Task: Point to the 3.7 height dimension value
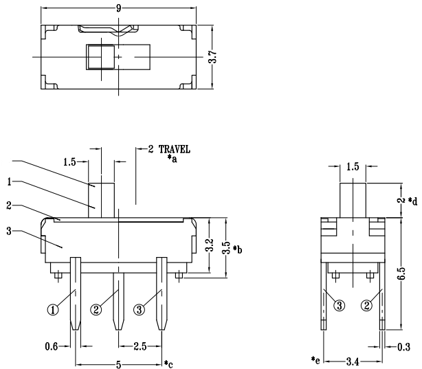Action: pyautogui.click(x=214, y=56)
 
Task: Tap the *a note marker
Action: pyautogui.click(x=173, y=159)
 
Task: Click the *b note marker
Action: pyautogui.click(x=237, y=249)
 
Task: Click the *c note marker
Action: pyautogui.click(x=168, y=364)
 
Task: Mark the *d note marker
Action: pyautogui.click(x=412, y=201)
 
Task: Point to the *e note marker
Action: pyautogui.click(x=315, y=359)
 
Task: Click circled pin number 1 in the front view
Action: pyautogui.click(x=52, y=309)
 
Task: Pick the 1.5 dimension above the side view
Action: pyautogui.click(x=353, y=167)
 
